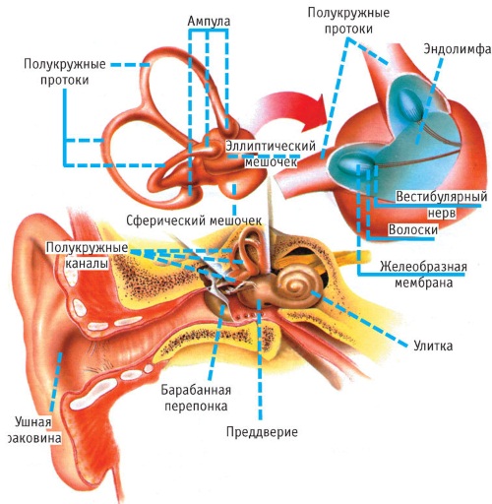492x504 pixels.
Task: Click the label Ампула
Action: pyautogui.click(x=209, y=21)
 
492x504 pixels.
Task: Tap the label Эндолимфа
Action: pyautogui.click(x=458, y=49)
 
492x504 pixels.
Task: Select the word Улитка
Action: pyautogui.click(x=433, y=346)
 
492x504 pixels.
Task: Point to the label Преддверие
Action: pyautogui.click(x=262, y=431)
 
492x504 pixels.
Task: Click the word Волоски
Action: pyautogui.click(x=413, y=229)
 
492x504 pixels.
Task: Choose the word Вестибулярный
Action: pyautogui.click(x=441, y=197)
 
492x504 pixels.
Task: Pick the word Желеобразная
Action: pyautogui.click(x=423, y=266)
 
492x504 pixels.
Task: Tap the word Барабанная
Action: pyautogui.click(x=196, y=390)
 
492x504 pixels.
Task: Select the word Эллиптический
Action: pyautogui.click(x=271, y=146)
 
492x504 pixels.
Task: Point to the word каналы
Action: pyautogui.click(x=88, y=263)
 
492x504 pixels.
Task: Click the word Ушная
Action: pyautogui.click(x=33, y=422)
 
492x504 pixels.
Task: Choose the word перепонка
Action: pyautogui.click(x=196, y=406)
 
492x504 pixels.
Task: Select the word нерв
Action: pyautogui.click(x=442, y=213)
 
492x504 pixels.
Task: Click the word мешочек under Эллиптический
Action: pyautogui.click(x=271, y=161)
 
